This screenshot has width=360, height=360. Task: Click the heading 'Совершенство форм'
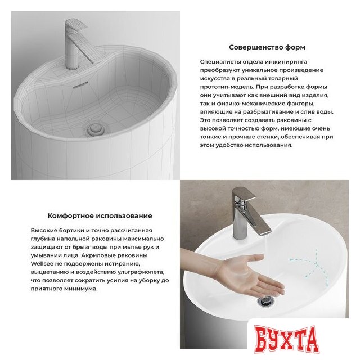click(267, 47)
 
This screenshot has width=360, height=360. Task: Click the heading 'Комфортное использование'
click(100, 215)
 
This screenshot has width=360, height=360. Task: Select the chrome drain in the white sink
click(265, 302)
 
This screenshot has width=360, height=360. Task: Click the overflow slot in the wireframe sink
click(82, 82)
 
